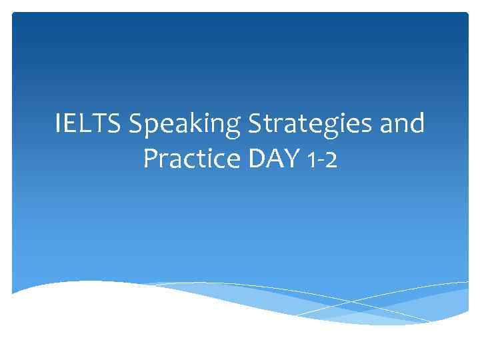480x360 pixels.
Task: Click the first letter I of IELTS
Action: [59, 124]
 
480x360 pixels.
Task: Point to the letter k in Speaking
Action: [188, 124]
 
